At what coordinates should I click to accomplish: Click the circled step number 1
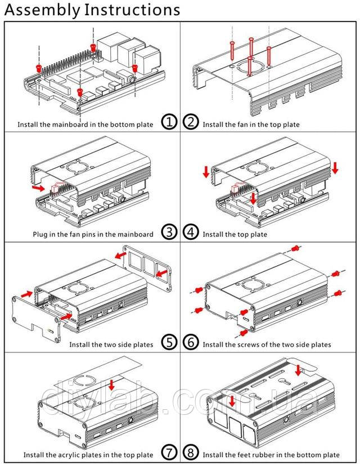169,122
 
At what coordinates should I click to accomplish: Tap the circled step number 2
191,122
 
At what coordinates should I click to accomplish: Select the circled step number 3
169,232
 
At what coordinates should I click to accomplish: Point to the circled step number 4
191,232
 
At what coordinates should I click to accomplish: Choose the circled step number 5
169,342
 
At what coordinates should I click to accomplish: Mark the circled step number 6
191,342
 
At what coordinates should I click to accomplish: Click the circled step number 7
169,453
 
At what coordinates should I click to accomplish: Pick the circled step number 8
191,453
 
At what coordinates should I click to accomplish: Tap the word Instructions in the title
132,10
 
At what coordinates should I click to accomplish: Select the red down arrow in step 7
111,384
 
